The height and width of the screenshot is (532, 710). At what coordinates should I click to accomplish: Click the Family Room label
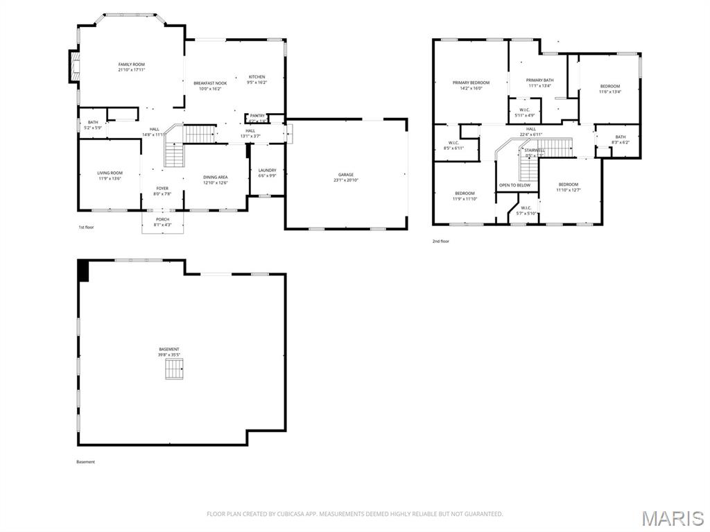tap(131, 65)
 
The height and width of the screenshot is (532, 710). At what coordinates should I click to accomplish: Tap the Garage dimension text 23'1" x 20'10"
tap(346, 180)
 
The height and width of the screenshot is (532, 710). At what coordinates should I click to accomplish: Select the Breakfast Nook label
tap(210, 83)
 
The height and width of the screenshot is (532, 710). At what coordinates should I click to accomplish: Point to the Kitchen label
tap(257, 77)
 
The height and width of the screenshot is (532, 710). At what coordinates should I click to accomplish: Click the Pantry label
tap(257, 116)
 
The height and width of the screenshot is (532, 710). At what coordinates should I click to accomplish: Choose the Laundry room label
tap(267, 170)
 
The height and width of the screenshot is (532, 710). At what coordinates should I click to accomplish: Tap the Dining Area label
tap(215, 177)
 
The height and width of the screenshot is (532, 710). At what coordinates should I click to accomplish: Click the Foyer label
tap(162, 188)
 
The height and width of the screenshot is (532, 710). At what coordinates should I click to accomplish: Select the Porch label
tap(162, 219)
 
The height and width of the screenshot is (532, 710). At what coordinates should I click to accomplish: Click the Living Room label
tap(110, 173)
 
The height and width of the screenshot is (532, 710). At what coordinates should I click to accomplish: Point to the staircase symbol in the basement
tap(175, 368)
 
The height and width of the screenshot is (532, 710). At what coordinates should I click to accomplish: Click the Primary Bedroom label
tap(471, 83)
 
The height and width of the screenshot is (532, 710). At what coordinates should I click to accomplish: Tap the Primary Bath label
tap(539, 80)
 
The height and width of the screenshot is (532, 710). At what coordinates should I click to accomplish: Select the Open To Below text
tap(514, 185)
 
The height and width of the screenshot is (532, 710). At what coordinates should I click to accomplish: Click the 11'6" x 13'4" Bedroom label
tap(610, 86)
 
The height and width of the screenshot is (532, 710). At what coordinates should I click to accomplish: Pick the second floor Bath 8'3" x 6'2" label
tap(620, 137)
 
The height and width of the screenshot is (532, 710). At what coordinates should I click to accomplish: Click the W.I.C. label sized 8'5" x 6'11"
tap(456, 143)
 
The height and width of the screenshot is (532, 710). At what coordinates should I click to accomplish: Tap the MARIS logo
tap(672, 518)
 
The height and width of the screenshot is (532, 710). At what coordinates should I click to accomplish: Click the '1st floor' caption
tap(85, 227)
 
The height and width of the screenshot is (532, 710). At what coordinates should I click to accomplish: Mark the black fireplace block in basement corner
tap(83, 271)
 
